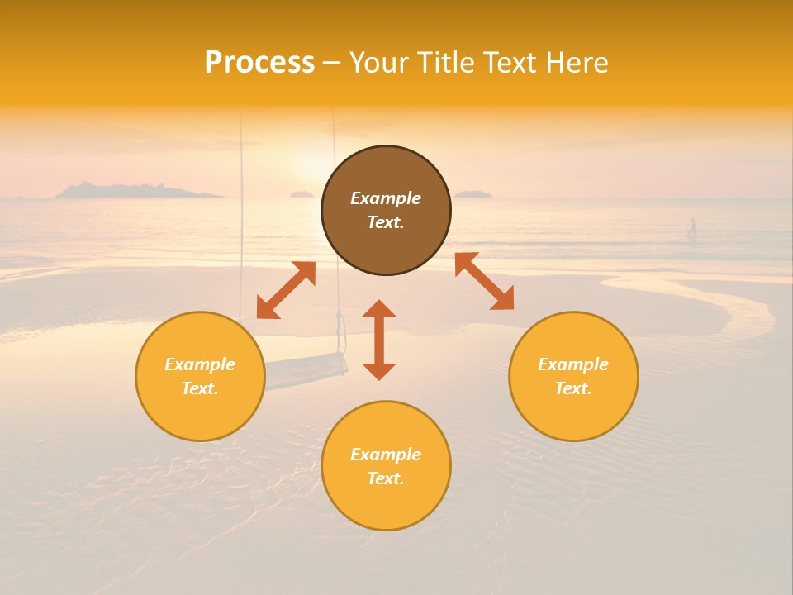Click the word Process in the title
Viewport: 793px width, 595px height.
coord(259,63)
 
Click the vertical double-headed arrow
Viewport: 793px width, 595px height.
coord(379,340)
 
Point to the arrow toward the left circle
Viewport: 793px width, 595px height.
coord(286,290)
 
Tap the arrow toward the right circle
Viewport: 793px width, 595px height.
coord(484,281)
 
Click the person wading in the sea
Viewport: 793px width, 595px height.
coord(692,229)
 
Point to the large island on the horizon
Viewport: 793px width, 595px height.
coord(136,191)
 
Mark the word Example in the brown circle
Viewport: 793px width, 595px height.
coord(386,198)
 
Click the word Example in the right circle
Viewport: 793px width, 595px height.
coord(573,364)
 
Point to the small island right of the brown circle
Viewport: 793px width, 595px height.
coord(472,194)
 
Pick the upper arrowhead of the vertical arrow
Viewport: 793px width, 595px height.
coord(379,309)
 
